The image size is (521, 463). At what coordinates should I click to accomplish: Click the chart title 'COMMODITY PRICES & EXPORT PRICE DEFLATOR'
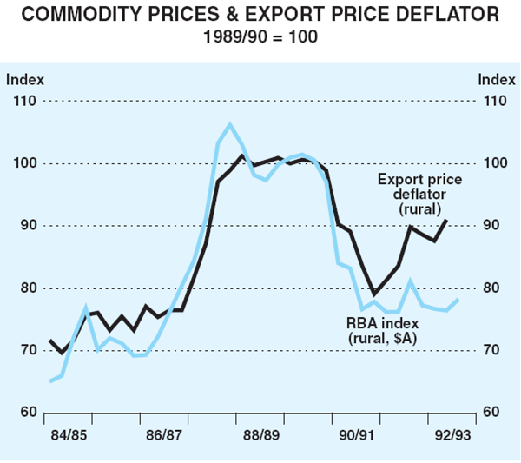tap(260, 15)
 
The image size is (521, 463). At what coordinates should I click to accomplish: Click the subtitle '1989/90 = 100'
tap(260, 38)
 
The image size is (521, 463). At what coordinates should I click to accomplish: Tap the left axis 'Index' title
tap(24, 80)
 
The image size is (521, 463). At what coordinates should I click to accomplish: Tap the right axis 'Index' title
tap(496, 80)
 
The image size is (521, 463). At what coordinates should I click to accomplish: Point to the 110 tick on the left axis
tap(24, 102)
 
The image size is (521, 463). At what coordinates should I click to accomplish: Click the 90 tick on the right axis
tap(491, 226)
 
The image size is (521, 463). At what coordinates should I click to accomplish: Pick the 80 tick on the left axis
tap(23, 288)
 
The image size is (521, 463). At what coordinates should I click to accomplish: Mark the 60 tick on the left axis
tap(23, 413)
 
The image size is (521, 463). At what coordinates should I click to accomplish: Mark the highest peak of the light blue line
tap(230, 124)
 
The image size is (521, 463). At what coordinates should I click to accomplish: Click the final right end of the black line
tap(447, 220)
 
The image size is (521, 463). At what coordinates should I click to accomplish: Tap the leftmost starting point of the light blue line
tap(50, 381)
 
